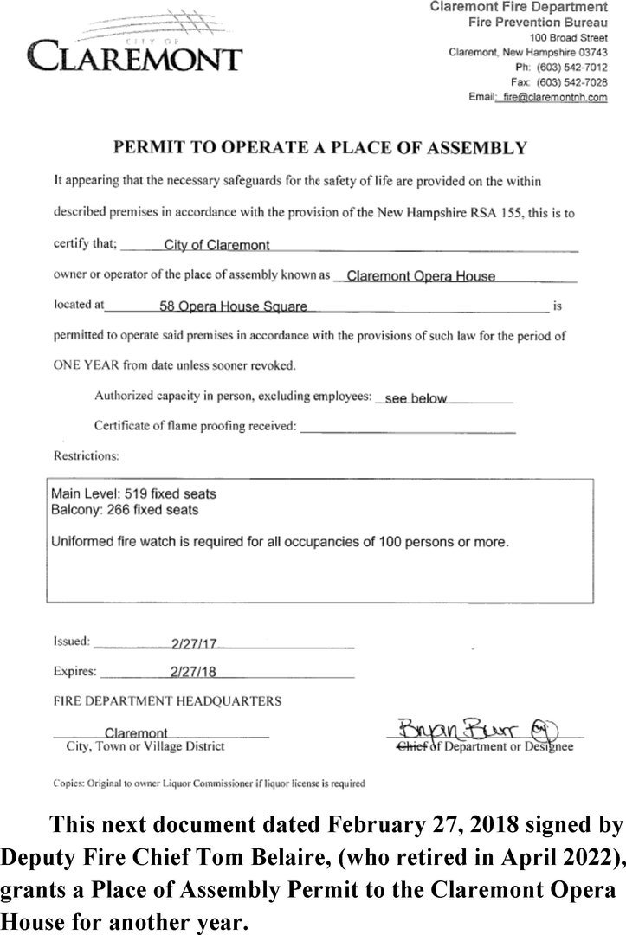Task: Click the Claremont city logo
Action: (134, 44)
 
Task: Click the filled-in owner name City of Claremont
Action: (216, 245)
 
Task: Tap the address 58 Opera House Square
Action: (233, 306)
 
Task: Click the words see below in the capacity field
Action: (416, 398)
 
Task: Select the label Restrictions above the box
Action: (87, 455)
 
